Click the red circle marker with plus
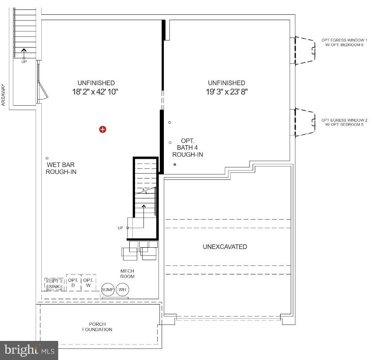pyautogui.click(x=103, y=129)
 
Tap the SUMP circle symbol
pyautogui.click(x=108, y=290)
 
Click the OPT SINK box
pyautogui.click(x=54, y=284)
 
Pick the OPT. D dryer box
pyautogui.click(x=73, y=283)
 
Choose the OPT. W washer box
pyautogui.click(x=88, y=283)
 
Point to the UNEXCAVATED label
pyautogui.click(x=225, y=247)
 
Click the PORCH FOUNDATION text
pyautogui.click(x=97, y=327)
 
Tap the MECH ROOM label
pyautogui.click(x=127, y=273)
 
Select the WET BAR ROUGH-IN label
pyautogui.click(x=61, y=168)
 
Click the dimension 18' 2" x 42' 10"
pyautogui.click(x=96, y=92)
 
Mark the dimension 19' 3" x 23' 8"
pyautogui.click(x=226, y=92)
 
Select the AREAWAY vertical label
pyautogui.click(x=4, y=95)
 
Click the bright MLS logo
pyautogui.click(x=29, y=350)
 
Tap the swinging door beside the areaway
pyautogui.click(x=43, y=87)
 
